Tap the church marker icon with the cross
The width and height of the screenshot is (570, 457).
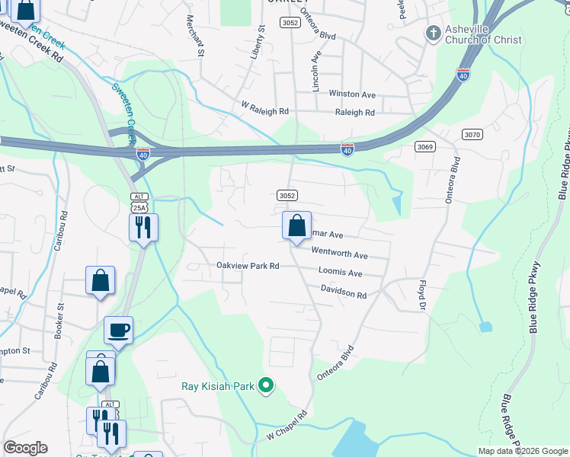(433, 34)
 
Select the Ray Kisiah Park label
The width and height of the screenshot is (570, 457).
(217, 386)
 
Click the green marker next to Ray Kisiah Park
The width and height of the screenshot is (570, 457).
(266, 386)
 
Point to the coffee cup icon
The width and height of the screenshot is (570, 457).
(118, 331)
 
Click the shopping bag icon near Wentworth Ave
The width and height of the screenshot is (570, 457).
(296, 226)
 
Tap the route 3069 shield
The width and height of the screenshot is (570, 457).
(425, 146)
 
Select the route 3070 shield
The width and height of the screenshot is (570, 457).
(472, 135)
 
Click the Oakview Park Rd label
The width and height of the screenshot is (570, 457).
(248, 266)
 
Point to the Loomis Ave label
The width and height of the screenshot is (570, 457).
(341, 273)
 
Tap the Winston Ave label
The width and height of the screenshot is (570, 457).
(352, 94)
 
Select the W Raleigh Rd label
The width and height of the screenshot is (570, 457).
(264, 111)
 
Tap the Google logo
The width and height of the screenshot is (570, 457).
(25, 448)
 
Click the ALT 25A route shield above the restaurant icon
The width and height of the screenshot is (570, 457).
(138, 202)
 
